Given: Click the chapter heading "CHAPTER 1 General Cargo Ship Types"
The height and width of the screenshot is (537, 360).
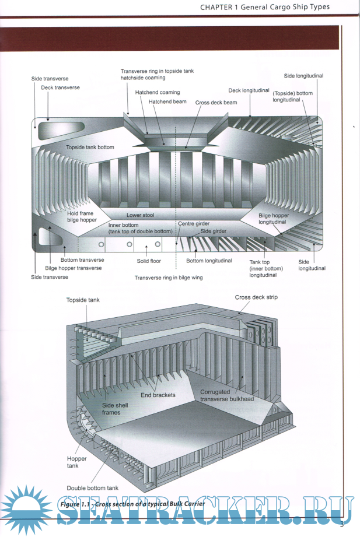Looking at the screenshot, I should [264, 7].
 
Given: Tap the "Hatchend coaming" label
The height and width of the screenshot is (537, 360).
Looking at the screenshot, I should [158, 92].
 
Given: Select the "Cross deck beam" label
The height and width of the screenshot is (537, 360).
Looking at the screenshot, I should [216, 102].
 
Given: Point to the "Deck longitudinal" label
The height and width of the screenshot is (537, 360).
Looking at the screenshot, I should [249, 90].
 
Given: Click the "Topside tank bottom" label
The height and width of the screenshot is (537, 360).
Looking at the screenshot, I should [90, 147].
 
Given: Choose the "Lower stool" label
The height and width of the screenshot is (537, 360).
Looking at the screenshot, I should [140, 215].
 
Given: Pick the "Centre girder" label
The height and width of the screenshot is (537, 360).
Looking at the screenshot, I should [193, 223].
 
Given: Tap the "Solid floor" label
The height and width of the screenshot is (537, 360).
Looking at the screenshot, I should [148, 261].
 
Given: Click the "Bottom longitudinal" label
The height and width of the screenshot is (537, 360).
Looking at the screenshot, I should [209, 261].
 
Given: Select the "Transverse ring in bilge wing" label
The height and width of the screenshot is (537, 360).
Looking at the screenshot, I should [169, 278].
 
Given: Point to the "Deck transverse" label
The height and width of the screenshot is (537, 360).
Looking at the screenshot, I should [60, 87].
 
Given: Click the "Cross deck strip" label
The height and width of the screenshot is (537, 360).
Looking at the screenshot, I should [256, 297].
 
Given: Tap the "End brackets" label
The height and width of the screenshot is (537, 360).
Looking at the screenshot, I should [158, 395].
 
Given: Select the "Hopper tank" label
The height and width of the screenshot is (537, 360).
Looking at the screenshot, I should [76, 462].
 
